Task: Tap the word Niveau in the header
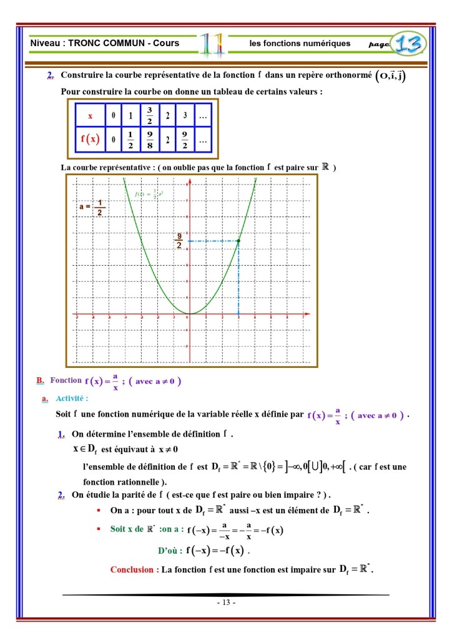coord(44,44)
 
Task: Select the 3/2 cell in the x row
coord(149,115)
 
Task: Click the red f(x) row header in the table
coord(90,139)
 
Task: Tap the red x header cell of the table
coord(90,116)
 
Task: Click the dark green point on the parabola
coord(238,241)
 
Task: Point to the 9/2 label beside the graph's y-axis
coord(179,240)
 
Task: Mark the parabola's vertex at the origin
coord(189,314)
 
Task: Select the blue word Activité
coord(72,398)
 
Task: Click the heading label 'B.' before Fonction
coord(41,380)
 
